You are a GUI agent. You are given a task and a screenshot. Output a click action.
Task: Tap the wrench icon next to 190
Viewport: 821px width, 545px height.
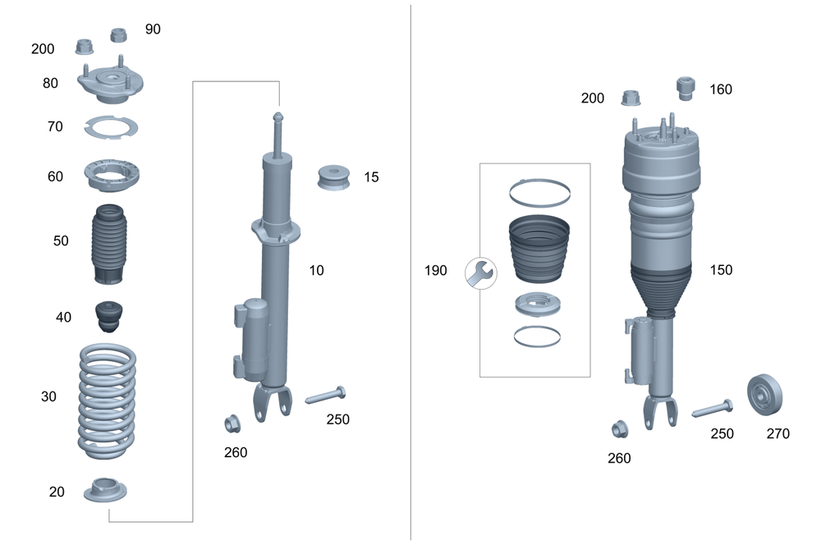[x=479, y=272]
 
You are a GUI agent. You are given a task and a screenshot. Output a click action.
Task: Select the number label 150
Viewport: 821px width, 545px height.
[x=720, y=270]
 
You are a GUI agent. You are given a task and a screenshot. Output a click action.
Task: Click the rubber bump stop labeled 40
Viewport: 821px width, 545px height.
[x=108, y=317]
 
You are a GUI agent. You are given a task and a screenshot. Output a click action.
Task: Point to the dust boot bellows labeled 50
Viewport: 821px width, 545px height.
[x=108, y=244]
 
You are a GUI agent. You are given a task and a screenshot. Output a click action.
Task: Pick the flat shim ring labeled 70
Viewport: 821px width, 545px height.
[x=111, y=128]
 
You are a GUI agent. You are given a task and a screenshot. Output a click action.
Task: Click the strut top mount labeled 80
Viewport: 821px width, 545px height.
[x=112, y=85]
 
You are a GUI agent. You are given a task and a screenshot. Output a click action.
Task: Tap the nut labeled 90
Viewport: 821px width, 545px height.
[x=118, y=35]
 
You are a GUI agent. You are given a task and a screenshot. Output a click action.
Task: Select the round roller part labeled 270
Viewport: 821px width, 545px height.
[x=764, y=395]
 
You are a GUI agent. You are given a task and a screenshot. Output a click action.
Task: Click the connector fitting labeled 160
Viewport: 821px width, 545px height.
[x=686, y=87]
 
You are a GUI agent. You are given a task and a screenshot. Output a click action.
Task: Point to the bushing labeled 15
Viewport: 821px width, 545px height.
[x=335, y=178]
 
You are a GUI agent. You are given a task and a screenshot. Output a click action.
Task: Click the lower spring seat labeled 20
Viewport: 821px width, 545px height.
[x=106, y=491]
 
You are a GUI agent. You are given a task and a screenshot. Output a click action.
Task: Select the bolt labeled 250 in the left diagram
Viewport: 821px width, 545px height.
[x=326, y=396]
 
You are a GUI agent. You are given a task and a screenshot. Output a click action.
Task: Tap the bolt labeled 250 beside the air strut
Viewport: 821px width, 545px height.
[x=712, y=409]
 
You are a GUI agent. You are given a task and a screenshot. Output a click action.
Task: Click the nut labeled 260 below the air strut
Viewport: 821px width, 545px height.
[x=620, y=428]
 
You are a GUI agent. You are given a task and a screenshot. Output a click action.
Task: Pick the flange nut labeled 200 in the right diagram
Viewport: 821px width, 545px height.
[x=630, y=98]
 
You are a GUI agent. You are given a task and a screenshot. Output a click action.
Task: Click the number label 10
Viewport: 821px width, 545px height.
[x=316, y=270]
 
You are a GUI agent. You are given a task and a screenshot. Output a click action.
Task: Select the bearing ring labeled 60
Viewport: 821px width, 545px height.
[x=112, y=173]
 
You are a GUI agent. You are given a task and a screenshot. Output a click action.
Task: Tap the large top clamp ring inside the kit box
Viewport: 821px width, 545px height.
[x=539, y=192]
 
